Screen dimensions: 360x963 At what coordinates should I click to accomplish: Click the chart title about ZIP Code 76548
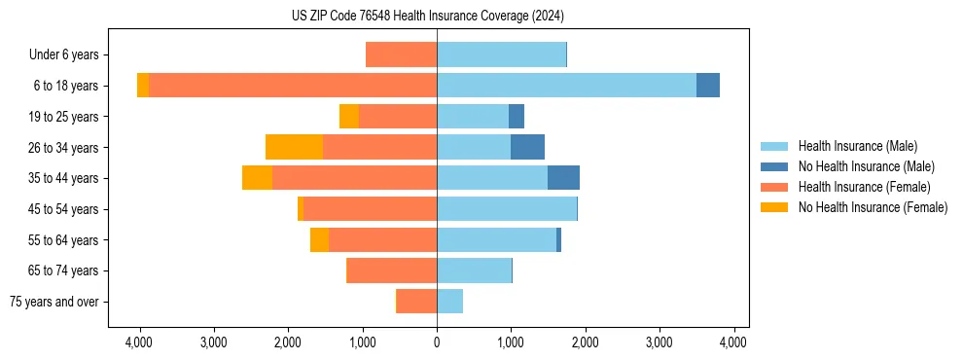pyautogui.click(x=427, y=17)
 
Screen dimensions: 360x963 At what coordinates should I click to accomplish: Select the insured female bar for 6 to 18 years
pyautogui.click(x=292, y=86)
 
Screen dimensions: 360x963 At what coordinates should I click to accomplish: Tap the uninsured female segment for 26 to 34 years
pyautogui.click(x=294, y=147)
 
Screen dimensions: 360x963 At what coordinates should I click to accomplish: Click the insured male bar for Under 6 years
pyautogui.click(x=501, y=54)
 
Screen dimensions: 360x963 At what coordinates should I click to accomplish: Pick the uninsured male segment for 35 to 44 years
pyautogui.click(x=563, y=178)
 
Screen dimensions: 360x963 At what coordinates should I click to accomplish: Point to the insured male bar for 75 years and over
pyautogui.click(x=449, y=302)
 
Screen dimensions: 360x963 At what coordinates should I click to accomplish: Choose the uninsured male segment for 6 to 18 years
pyautogui.click(x=708, y=86)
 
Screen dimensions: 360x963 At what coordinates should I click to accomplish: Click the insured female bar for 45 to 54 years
pyautogui.click(x=370, y=209)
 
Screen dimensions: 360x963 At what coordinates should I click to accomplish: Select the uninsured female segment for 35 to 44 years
pyautogui.click(x=257, y=178)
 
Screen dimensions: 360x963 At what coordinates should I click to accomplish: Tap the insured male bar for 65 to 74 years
pyautogui.click(x=474, y=270)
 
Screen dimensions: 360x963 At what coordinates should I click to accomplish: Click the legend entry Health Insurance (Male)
pyautogui.click(x=857, y=146)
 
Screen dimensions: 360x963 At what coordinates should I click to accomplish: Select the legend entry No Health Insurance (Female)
pyautogui.click(x=873, y=207)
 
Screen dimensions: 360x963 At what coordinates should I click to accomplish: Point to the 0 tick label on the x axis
pyautogui.click(x=437, y=342)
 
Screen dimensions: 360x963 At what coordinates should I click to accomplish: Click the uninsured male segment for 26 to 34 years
pyautogui.click(x=527, y=147)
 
